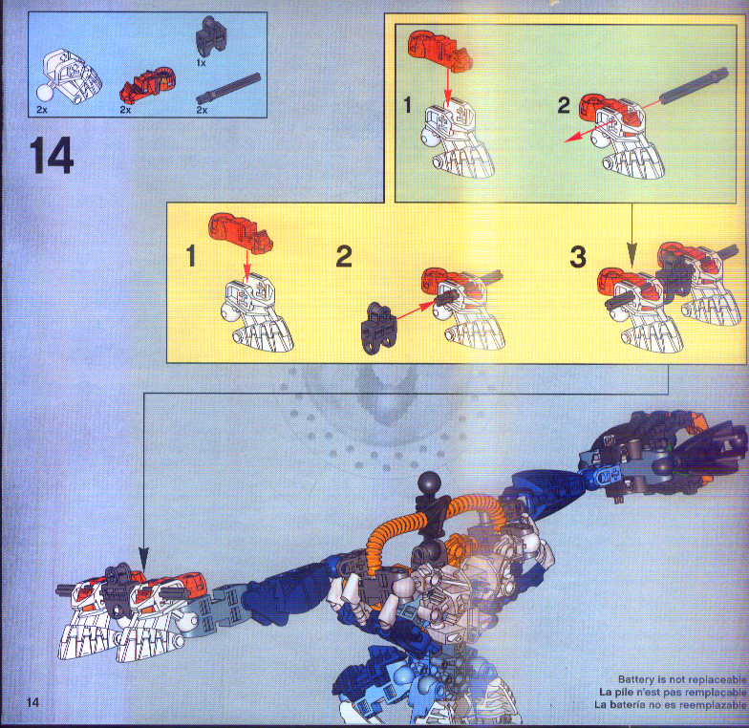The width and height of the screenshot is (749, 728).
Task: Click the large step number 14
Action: click(52, 156)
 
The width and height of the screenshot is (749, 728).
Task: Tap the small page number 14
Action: click(34, 704)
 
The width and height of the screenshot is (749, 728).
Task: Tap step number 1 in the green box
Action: click(408, 107)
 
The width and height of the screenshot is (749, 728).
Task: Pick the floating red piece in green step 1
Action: click(438, 48)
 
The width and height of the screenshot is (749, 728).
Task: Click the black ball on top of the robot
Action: click(427, 482)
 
